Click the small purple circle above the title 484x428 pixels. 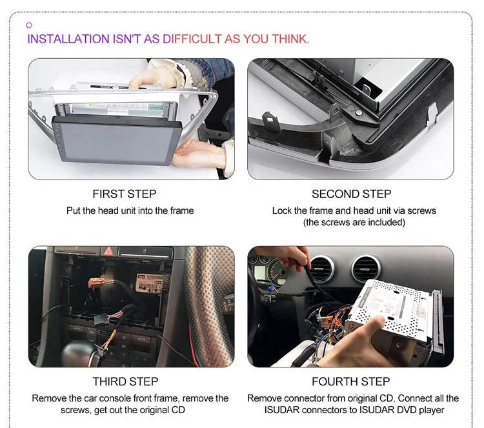coord(29,25)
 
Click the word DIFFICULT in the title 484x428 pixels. coord(192,39)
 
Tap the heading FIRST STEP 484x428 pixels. coord(125,194)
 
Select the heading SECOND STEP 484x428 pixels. coord(351,194)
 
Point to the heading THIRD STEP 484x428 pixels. coord(125,382)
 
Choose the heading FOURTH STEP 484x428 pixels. coord(350,382)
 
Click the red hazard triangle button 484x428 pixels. coord(108,250)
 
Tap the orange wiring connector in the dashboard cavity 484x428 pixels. coord(97,283)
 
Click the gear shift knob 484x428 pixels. coord(81,354)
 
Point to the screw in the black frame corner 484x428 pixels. coord(358,113)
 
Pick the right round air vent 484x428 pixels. coord(367,269)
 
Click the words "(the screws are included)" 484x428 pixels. coord(354,222)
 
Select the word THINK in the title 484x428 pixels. coord(290,39)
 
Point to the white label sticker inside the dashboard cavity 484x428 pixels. coord(150,283)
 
